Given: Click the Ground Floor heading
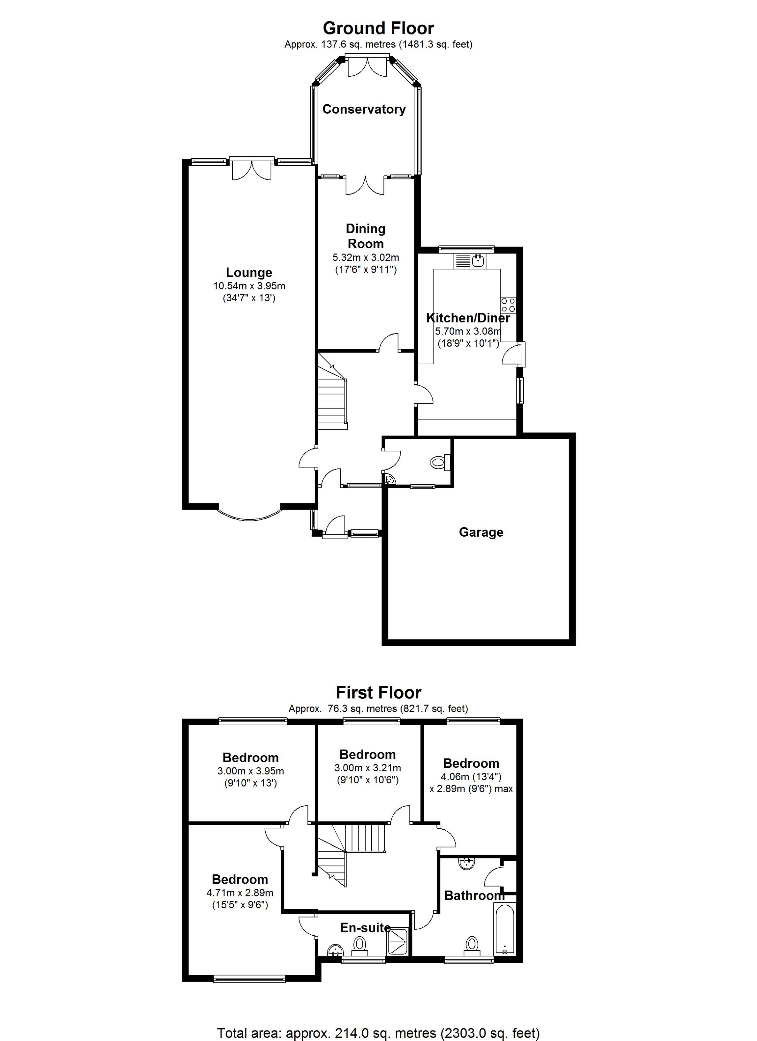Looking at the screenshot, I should pyautogui.click(x=378, y=28).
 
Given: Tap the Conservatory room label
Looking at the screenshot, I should pyautogui.click(x=364, y=109).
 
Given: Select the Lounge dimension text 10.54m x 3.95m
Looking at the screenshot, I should pyautogui.click(x=249, y=286).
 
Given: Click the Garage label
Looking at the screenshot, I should pyautogui.click(x=481, y=532).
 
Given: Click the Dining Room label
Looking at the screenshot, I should pyautogui.click(x=365, y=236).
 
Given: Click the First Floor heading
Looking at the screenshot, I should pyautogui.click(x=378, y=693).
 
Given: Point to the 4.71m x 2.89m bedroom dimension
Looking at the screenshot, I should pyautogui.click(x=240, y=893).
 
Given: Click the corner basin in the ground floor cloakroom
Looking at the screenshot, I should pyautogui.click(x=389, y=480).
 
